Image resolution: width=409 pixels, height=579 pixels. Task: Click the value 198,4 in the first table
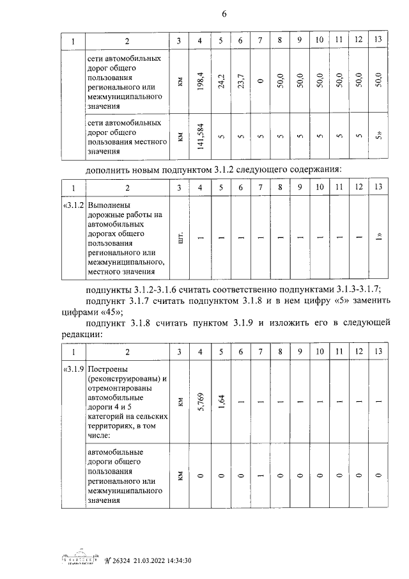(x=201, y=81)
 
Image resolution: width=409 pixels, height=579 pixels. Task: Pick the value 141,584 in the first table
(x=201, y=136)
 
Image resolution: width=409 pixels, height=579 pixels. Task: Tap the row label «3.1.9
(x=73, y=370)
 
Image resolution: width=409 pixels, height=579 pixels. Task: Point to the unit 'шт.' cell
(x=181, y=239)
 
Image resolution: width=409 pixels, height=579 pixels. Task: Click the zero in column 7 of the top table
(x=260, y=81)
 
